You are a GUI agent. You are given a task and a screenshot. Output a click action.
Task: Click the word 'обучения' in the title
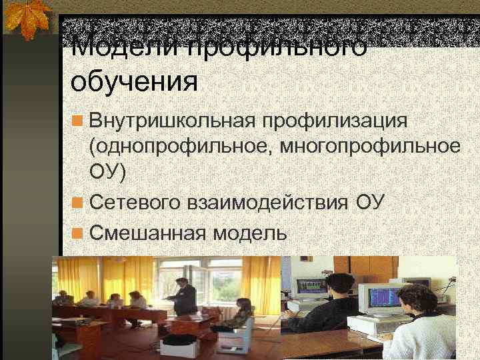pyautogui.click(x=134, y=84)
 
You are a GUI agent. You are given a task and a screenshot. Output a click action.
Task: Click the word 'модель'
pyautogui.click(x=250, y=233)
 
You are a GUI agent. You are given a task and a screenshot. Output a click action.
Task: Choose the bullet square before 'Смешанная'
pyautogui.click(x=78, y=233)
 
